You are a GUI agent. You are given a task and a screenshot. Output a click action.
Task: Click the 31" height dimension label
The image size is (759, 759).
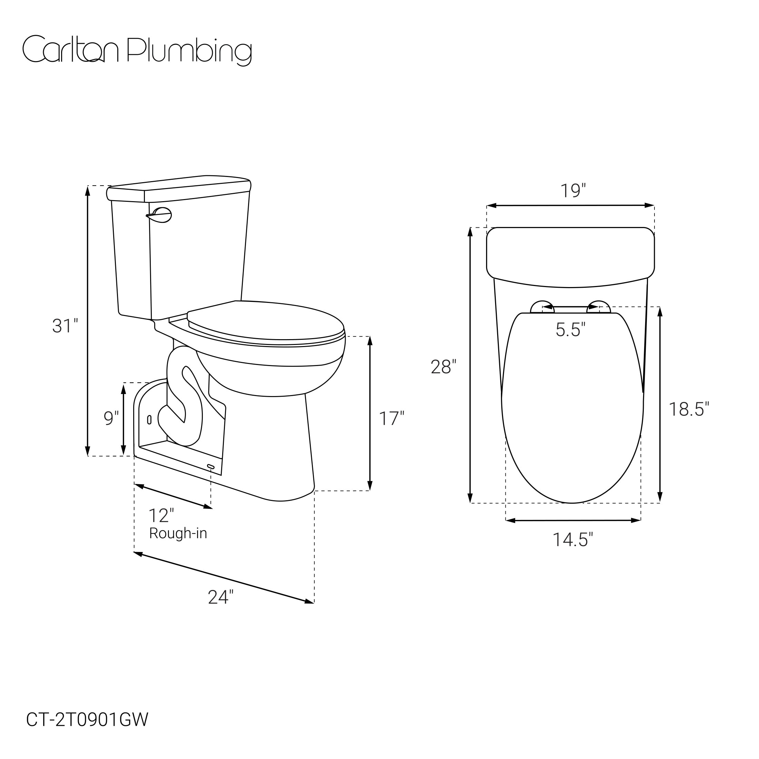(65, 326)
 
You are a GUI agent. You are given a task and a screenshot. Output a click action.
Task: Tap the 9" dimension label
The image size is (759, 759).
(111, 418)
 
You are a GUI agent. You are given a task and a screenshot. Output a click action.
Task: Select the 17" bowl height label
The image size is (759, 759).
(391, 418)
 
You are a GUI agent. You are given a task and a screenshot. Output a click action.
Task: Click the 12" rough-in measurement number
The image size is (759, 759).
(161, 515)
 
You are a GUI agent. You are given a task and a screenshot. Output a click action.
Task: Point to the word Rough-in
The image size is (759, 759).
(178, 533)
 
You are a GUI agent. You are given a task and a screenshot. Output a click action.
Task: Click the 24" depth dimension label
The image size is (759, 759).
(220, 597)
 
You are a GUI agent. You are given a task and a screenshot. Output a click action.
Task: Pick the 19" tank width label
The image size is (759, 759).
(573, 191)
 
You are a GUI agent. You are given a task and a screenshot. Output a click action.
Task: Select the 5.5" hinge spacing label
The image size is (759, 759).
(570, 329)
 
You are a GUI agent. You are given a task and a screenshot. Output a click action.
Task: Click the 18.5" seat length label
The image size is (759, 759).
(689, 410)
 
